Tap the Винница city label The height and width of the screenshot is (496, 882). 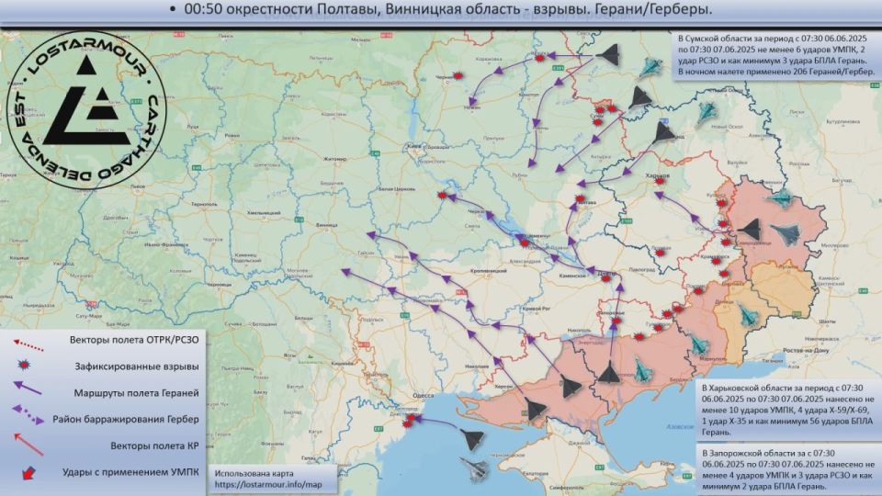point(326,223)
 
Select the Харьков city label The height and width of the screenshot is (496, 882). point(659,172)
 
